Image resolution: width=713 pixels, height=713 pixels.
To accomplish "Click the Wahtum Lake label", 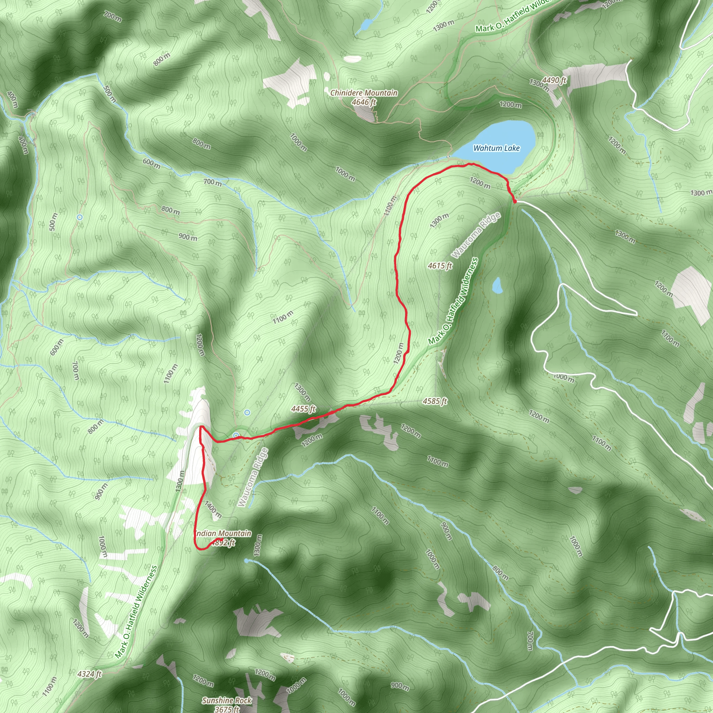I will (496, 148).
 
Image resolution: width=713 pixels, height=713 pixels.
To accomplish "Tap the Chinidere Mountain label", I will (364, 93).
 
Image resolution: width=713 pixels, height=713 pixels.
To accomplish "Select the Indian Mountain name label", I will (223, 534).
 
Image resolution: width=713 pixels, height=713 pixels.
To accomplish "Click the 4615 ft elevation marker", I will (440, 266).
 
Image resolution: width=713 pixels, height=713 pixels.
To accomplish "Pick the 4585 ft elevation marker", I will (435, 401).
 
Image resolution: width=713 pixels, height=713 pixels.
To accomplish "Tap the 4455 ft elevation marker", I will (303, 409).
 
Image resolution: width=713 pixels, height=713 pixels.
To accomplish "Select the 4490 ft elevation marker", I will (554, 80).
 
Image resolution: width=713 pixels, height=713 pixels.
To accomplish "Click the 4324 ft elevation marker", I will (89, 674).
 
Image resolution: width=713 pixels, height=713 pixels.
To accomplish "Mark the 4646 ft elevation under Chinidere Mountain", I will (364, 102).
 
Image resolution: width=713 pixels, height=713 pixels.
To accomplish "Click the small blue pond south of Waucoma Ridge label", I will (497, 285).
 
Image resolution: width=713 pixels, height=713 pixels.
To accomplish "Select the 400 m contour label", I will (12, 100).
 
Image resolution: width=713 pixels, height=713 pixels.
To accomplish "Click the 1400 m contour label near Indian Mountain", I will (213, 510).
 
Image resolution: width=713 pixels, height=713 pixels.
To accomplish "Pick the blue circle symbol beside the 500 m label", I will (80, 217).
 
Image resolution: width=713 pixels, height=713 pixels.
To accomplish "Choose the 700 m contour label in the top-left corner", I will (112, 17).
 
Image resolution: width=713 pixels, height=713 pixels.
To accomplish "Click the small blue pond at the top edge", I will (367, 25).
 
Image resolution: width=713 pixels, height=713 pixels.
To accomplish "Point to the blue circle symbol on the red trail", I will (236, 436).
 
